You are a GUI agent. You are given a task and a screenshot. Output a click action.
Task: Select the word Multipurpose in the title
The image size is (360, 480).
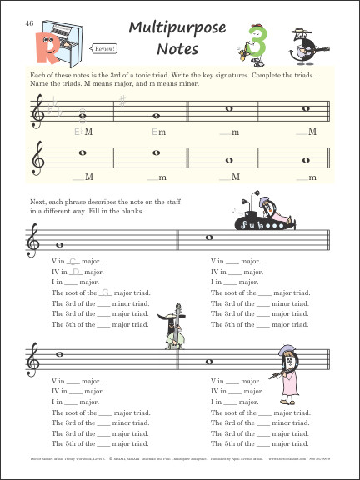click(x=177, y=29)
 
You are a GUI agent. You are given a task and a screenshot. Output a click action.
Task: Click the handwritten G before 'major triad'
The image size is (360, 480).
click(x=105, y=292)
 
